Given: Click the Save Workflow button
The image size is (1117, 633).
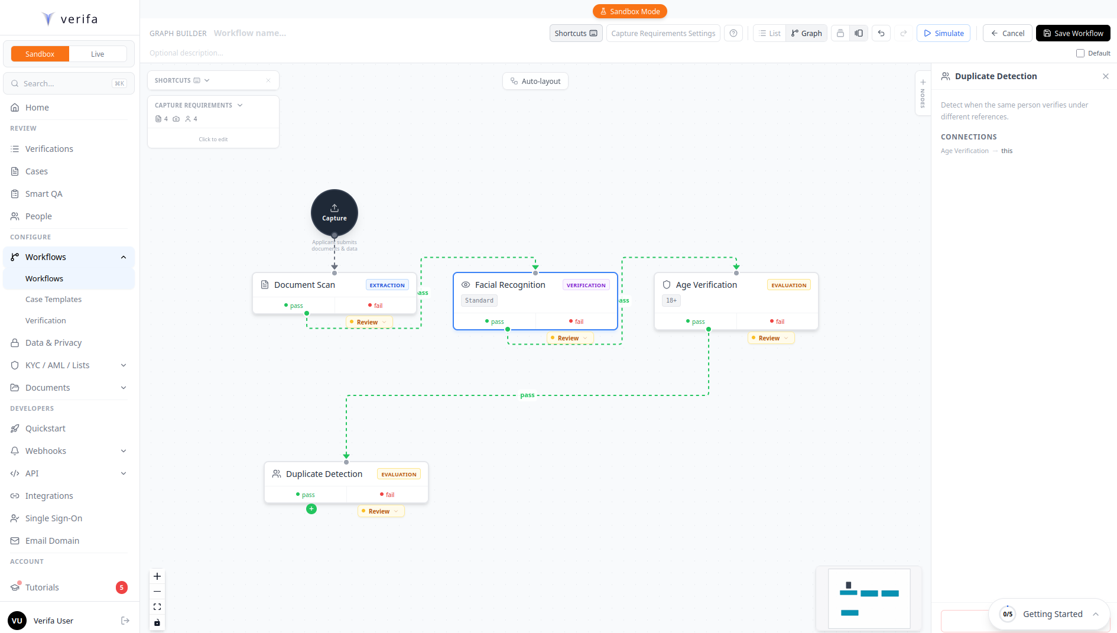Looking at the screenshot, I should point(1073,33).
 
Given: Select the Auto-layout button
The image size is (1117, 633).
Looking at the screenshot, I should point(535,81).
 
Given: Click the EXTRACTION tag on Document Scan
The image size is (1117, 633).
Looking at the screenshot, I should point(387,285).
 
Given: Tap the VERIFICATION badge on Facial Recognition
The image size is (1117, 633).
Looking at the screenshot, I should point(586,285).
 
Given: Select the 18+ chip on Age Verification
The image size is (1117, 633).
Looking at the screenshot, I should point(671,300).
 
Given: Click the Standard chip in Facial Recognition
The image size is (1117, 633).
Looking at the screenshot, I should point(479,300).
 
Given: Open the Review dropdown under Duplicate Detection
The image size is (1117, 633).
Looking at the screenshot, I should point(381,511).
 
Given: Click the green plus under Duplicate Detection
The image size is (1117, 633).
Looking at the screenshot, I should point(311,509).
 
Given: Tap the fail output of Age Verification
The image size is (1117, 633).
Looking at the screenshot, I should point(777,322).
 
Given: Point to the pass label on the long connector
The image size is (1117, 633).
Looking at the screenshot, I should point(527,395).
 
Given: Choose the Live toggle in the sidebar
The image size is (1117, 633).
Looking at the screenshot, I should point(98,54).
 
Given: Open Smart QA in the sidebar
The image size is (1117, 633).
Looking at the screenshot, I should point(44,194).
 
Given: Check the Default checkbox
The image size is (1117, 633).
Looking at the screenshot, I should point(1080,53).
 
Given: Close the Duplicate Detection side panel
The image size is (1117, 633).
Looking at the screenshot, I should point(1105,76).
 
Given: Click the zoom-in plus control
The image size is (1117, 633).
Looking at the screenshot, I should point(157,576).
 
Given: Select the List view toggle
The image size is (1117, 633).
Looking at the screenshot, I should point(769,33).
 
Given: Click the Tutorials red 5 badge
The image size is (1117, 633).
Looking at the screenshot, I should point(122,587).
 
